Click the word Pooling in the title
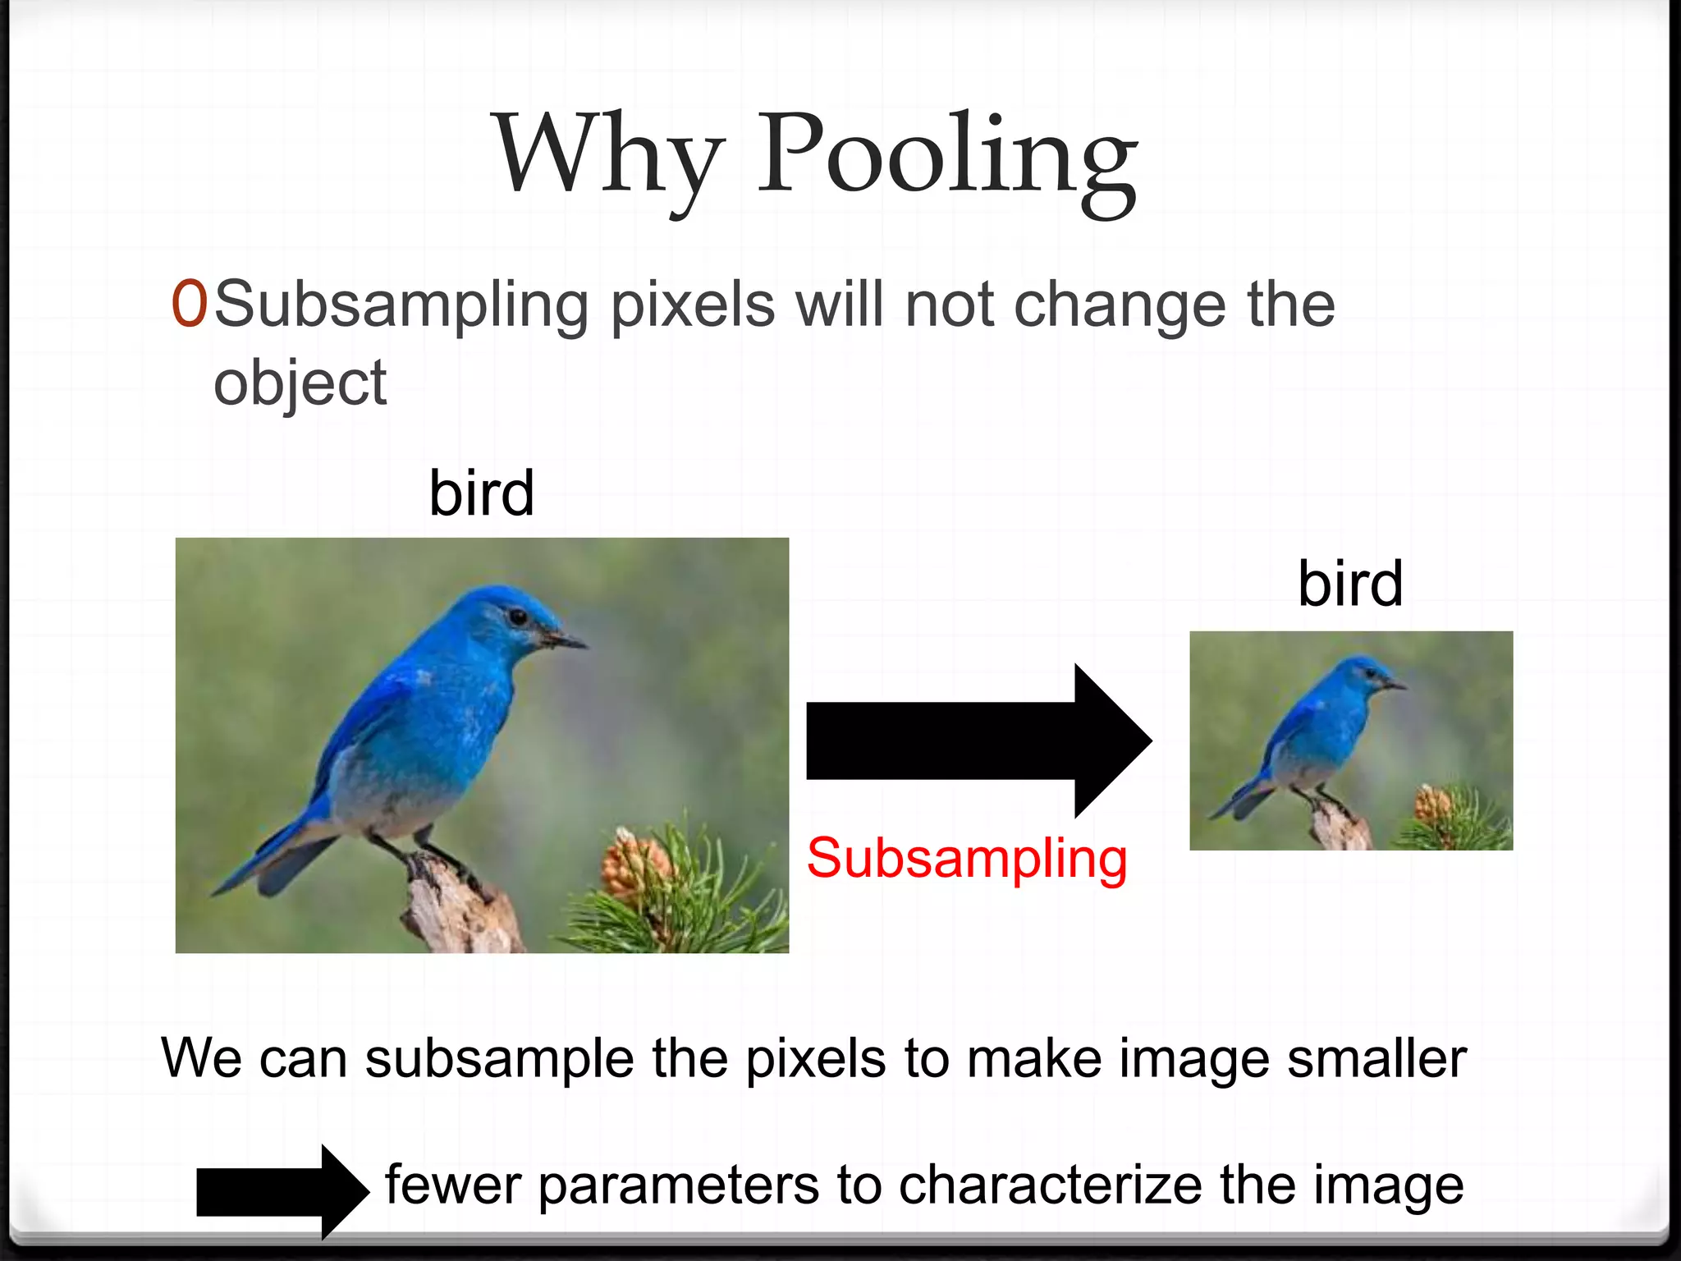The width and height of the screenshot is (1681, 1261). pyautogui.click(x=946, y=156)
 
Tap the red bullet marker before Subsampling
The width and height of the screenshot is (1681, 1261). pyautogui.click(x=188, y=305)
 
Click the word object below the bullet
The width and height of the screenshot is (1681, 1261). pyautogui.click(x=300, y=383)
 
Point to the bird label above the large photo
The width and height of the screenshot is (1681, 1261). pyautogui.click(x=482, y=493)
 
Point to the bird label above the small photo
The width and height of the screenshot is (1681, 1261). pyautogui.click(x=1350, y=584)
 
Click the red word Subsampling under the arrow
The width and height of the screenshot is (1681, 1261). pyautogui.click(x=967, y=859)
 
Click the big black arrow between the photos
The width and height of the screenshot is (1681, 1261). pyautogui.click(x=977, y=741)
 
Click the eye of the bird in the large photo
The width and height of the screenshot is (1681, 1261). pyautogui.click(x=517, y=615)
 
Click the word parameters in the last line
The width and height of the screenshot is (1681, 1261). pyautogui.click(x=678, y=1185)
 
